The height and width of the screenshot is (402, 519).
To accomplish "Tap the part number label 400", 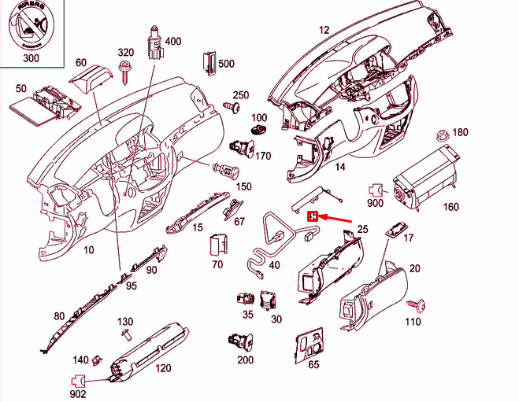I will (172, 41).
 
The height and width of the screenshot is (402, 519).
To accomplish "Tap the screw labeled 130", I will (125, 336).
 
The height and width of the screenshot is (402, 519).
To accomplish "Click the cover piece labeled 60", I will (87, 82).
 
